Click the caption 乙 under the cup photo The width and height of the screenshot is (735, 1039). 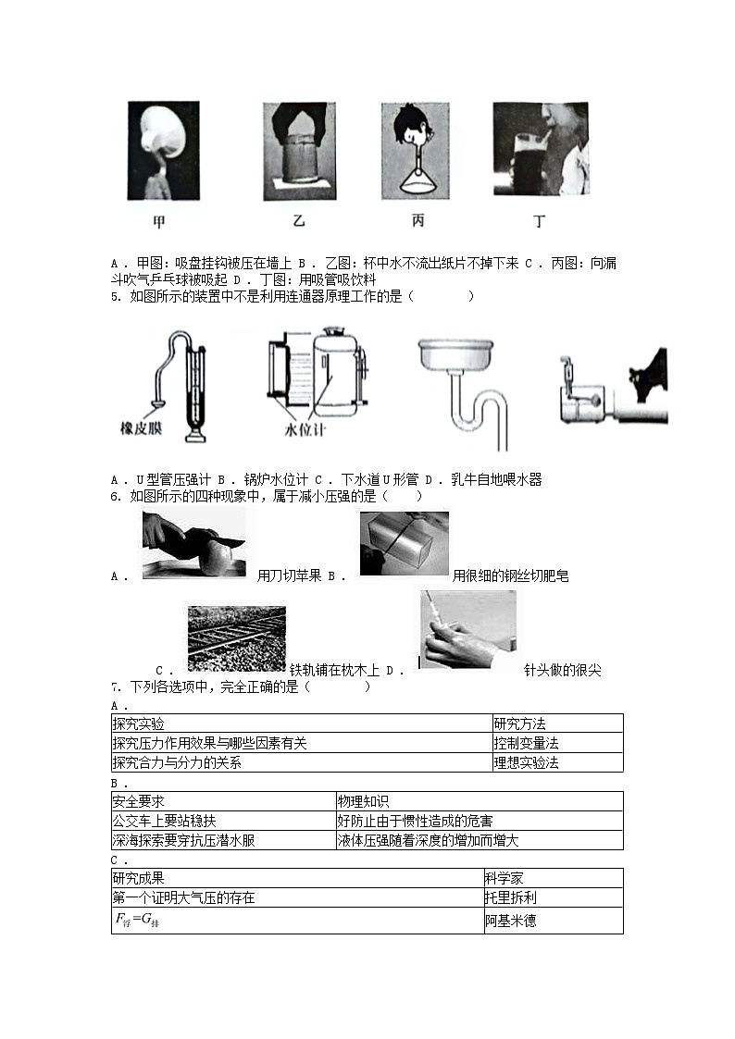pos(298,223)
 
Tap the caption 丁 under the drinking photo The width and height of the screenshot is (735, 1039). pos(540,223)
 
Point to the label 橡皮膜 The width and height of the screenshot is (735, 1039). pos(142,428)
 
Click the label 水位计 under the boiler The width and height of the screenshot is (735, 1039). pos(304,431)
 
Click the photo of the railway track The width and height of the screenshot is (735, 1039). pos(237,637)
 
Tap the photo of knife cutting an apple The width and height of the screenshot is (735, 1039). pos(193,545)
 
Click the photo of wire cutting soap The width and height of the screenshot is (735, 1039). pos(404,543)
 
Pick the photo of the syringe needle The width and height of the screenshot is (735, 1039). pos(467,629)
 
